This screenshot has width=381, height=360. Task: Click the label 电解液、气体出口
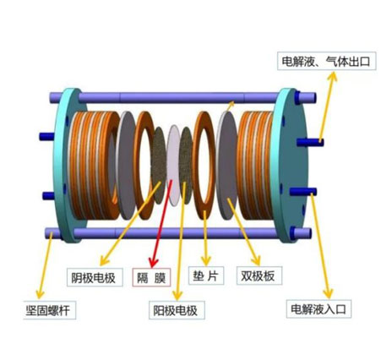coord(326,61)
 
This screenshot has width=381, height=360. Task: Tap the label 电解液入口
coord(318,309)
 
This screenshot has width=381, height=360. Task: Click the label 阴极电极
coord(95,277)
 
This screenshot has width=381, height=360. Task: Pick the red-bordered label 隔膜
coord(151,277)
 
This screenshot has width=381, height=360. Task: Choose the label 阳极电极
coord(177,310)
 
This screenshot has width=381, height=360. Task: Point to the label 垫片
coord(206,275)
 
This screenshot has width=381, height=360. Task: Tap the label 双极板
coord(259,275)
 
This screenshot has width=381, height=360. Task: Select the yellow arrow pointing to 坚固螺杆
coord(46,265)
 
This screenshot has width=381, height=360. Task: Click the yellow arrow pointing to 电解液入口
coord(322,246)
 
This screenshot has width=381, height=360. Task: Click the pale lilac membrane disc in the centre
coord(173,165)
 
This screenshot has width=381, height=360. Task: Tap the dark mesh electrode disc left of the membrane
coord(159,165)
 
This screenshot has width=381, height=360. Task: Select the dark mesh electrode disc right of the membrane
coord(186,165)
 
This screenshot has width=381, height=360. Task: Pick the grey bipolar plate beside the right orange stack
coord(227,166)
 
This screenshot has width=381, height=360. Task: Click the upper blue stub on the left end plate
coord(46,137)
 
